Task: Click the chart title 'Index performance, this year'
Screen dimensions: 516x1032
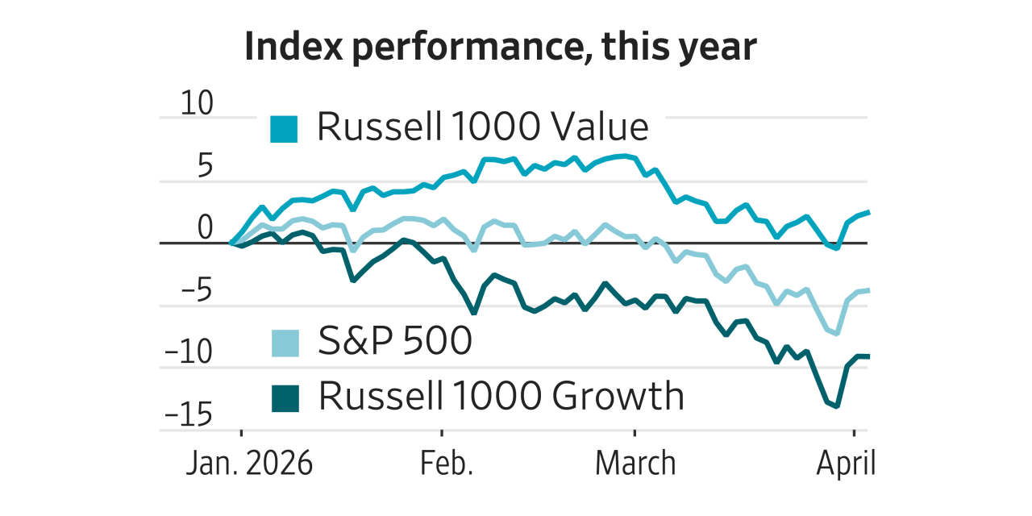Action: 500,48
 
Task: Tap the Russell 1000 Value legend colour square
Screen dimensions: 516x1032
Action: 284,129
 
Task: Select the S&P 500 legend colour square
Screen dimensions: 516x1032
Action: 284,343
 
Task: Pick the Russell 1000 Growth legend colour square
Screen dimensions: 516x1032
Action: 284,397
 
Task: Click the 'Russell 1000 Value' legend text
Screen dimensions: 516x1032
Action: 482,127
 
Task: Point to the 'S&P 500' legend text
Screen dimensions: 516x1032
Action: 394,342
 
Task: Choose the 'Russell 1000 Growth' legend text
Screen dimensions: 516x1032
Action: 501,396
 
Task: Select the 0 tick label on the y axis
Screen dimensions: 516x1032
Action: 205,229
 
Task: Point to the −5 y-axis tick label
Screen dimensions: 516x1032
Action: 194,292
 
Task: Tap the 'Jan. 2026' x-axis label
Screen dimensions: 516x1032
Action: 249,464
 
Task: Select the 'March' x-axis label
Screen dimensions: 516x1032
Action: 635,464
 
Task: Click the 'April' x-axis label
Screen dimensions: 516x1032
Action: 846,464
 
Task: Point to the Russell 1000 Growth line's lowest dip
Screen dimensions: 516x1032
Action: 837,406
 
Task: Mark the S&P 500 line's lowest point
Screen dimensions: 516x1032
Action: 837,333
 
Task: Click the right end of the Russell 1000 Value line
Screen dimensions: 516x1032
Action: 868,212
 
